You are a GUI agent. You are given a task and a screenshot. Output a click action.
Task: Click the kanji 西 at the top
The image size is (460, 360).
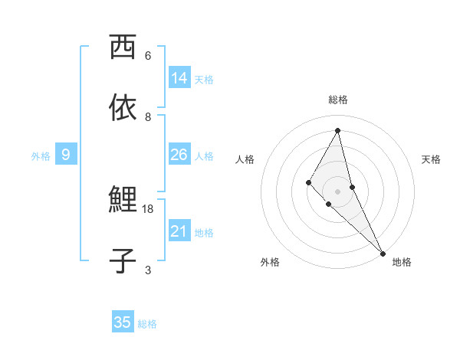tap(123, 47)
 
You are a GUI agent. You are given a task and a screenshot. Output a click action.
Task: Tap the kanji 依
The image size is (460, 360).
tap(123, 108)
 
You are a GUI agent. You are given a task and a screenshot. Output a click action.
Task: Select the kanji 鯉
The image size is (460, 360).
tap(123, 200)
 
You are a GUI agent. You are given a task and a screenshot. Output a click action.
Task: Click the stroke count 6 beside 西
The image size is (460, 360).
tap(148, 56)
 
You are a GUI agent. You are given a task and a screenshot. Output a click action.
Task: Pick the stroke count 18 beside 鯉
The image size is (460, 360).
tap(148, 208)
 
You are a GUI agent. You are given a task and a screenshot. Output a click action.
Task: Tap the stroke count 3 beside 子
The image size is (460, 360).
tap(148, 270)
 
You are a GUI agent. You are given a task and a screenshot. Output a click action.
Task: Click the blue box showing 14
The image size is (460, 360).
tap(179, 78)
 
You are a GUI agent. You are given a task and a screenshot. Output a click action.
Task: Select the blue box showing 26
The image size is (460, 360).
tap(179, 155)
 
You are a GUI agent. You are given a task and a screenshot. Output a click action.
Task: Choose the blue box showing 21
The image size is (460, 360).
tap(179, 231)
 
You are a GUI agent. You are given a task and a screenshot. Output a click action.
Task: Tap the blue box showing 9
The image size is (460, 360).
tap(66, 155)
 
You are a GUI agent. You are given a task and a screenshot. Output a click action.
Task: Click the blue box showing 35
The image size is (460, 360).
tap(123, 322)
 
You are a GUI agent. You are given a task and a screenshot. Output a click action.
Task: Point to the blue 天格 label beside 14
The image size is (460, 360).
tap(204, 80)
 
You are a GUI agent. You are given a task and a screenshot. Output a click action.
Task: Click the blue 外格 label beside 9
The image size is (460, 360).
tap(41, 156)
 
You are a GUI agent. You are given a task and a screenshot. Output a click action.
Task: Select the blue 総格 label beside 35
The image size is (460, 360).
tap(147, 324)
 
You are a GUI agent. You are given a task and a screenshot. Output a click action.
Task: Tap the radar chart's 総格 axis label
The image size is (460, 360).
tap(338, 100)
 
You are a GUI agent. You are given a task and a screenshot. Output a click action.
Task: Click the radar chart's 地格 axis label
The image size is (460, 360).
tap(402, 262)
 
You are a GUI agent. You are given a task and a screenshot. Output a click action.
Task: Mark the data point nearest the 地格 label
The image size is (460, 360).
tap(383, 253)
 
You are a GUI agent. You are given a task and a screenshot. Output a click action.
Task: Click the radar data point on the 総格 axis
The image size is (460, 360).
tap(338, 129)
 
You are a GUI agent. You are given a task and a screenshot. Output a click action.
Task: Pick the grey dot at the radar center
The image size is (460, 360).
tap(338, 191)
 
